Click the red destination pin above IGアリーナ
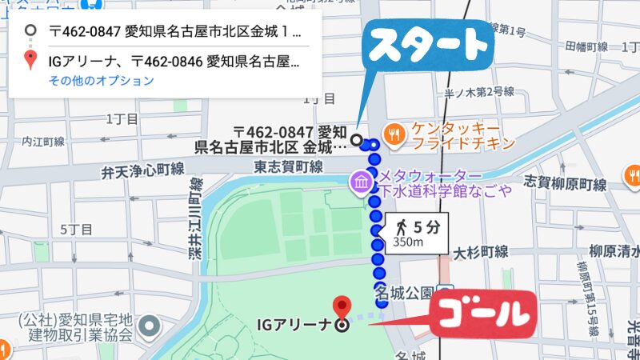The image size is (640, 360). click(342, 306)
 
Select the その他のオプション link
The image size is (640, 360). click(101, 80)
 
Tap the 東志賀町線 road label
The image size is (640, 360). click(288, 166)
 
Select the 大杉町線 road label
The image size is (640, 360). click(481, 252)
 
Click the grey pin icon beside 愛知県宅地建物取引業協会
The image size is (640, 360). click(148, 326)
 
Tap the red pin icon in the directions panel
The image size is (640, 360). click(31, 59)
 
